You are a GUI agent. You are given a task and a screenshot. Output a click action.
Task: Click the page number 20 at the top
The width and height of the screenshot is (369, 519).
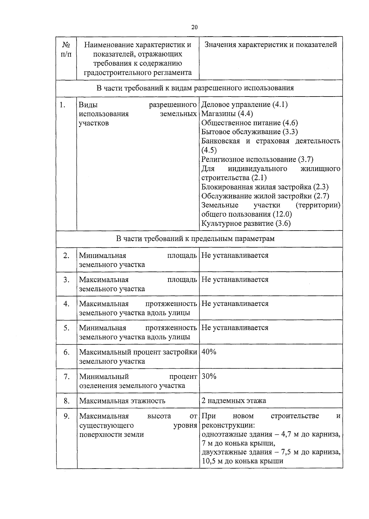[x=194, y=27]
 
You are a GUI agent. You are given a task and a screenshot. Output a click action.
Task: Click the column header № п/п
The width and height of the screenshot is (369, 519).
[x=66, y=49]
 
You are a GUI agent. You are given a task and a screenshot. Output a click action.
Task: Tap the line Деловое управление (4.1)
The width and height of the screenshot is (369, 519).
[x=244, y=105]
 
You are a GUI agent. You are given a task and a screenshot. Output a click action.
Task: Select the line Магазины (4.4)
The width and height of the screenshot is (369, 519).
[x=227, y=114]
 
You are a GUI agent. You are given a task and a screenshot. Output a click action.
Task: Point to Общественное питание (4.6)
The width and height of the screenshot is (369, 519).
[x=249, y=123]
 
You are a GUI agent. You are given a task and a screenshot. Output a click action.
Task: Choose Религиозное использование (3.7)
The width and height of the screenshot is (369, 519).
[x=257, y=159]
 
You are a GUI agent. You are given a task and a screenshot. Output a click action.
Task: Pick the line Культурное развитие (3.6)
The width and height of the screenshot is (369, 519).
[x=246, y=224]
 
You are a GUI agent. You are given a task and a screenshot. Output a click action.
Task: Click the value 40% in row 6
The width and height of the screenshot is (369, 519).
[x=209, y=352]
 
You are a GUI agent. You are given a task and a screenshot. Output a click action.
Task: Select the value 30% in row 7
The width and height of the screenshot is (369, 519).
[x=209, y=376]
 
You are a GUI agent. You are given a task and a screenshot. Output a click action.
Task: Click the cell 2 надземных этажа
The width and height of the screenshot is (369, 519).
[x=234, y=401]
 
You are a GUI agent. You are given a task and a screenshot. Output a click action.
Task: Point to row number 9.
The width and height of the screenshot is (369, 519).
[x=66, y=416]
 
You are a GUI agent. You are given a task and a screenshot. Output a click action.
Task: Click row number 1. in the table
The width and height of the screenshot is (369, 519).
[x=63, y=105]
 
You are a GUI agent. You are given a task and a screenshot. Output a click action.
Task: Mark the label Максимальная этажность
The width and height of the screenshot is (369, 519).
[x=122, y=401]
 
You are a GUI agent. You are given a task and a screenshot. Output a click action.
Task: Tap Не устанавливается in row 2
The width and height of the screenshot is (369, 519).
[x=235, y=256]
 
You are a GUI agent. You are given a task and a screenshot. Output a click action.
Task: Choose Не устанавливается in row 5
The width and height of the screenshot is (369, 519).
[x=235, y=328]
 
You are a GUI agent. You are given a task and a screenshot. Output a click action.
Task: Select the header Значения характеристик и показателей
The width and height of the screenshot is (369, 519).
[x=271, y=45]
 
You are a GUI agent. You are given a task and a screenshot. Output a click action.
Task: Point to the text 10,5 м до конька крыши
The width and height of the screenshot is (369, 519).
[x=242, y=461]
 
